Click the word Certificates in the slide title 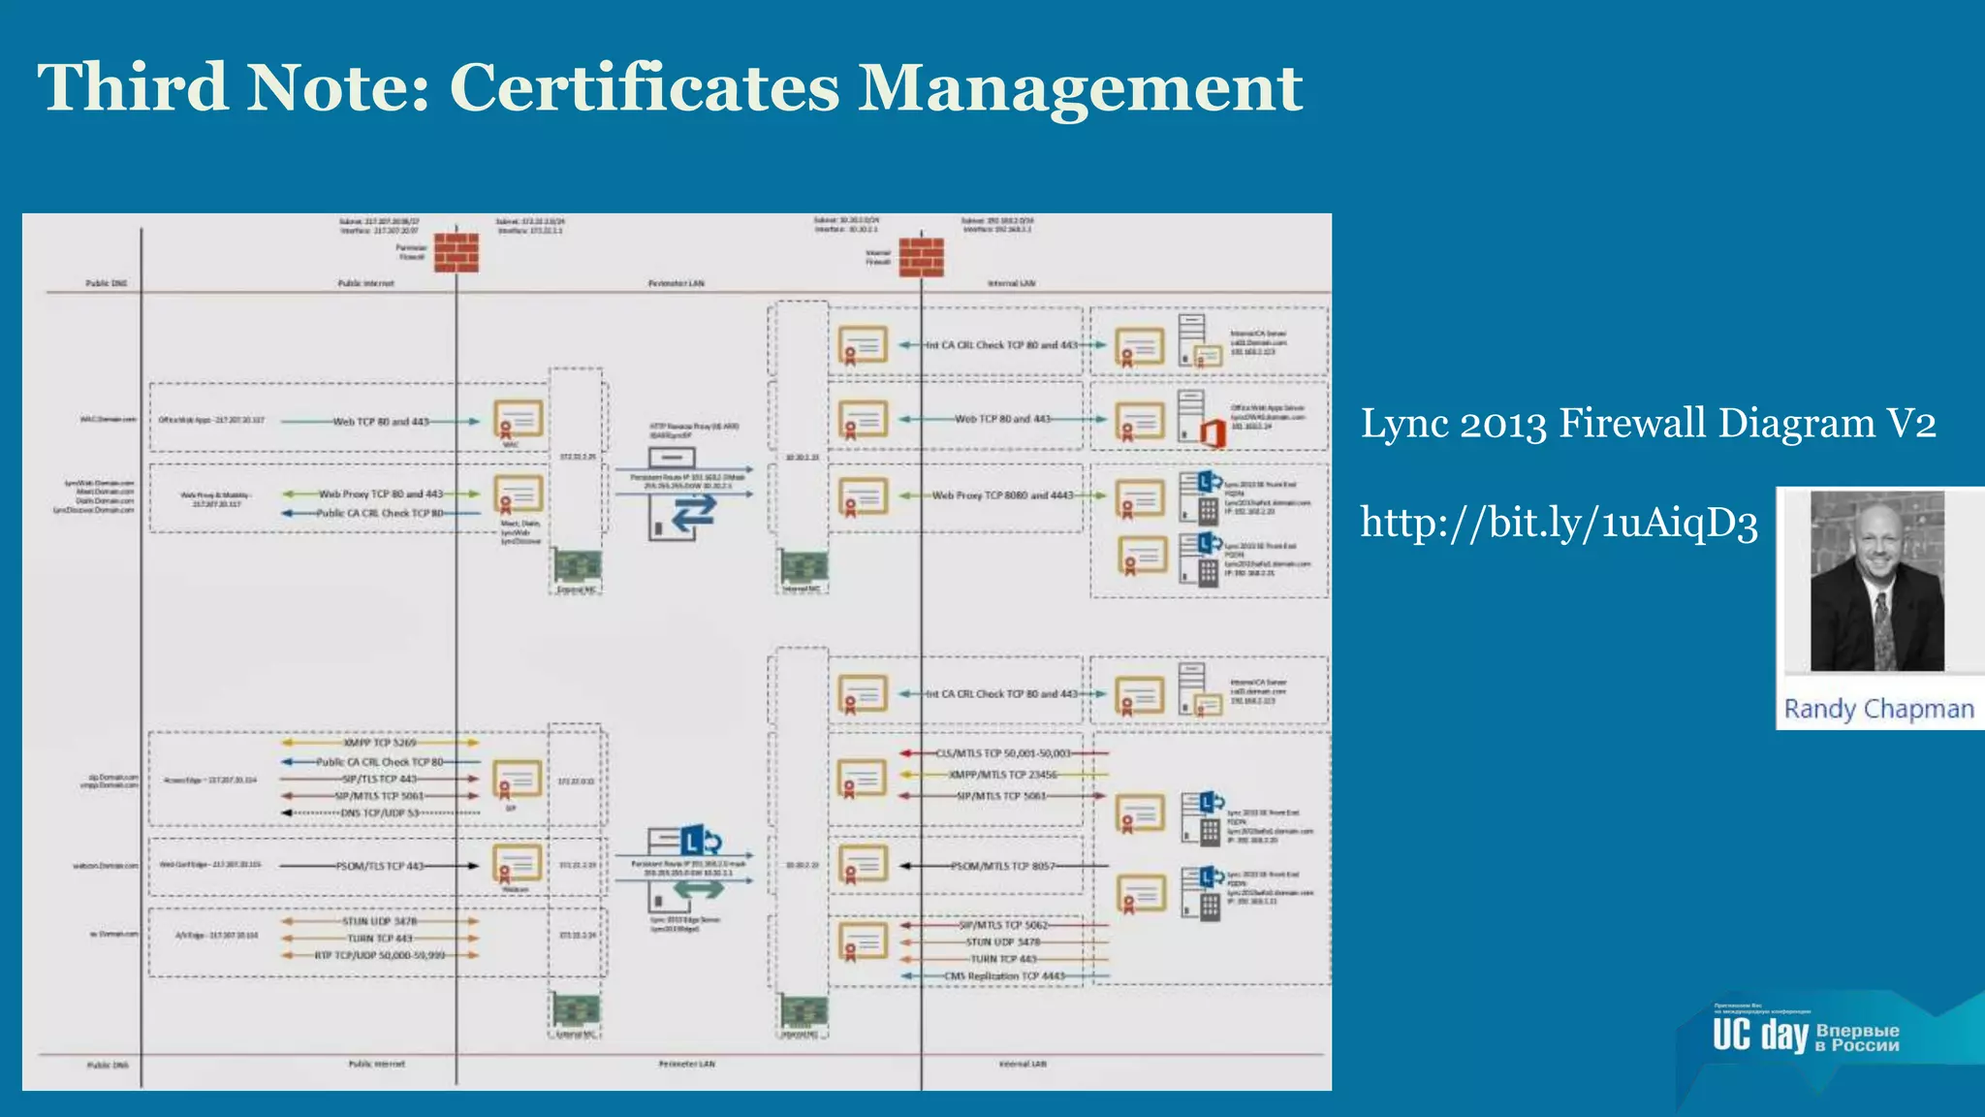[644, 87]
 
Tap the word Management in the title [1080, 89]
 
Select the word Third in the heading [133, 87]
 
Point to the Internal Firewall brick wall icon [921, 257]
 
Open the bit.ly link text [1559, 524]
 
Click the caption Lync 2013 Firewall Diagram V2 [1648, 424]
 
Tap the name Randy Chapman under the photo [1878, 709]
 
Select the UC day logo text [1759, 1036]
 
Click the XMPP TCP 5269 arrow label [380, 743]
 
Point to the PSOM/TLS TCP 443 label [380, 866]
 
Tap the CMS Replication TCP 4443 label [1004, 976]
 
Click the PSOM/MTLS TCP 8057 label [1002, 866]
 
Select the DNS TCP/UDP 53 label [380, 813]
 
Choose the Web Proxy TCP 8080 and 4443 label [1002, 495]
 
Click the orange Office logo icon [1213, 432]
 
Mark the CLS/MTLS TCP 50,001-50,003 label [1002, 753]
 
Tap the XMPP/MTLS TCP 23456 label [1002, 775]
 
